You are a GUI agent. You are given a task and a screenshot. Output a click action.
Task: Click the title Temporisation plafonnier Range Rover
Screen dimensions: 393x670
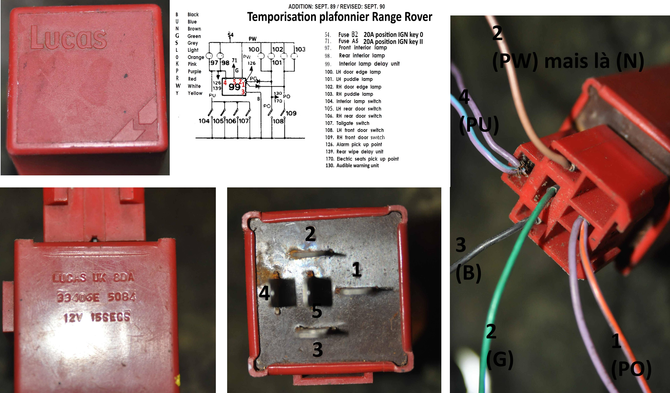[x=340, y=17]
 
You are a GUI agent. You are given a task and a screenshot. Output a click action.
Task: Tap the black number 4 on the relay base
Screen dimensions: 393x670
[x=264, y=293]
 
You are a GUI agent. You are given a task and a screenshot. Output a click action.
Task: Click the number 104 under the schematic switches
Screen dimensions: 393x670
[x=204, y=121]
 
